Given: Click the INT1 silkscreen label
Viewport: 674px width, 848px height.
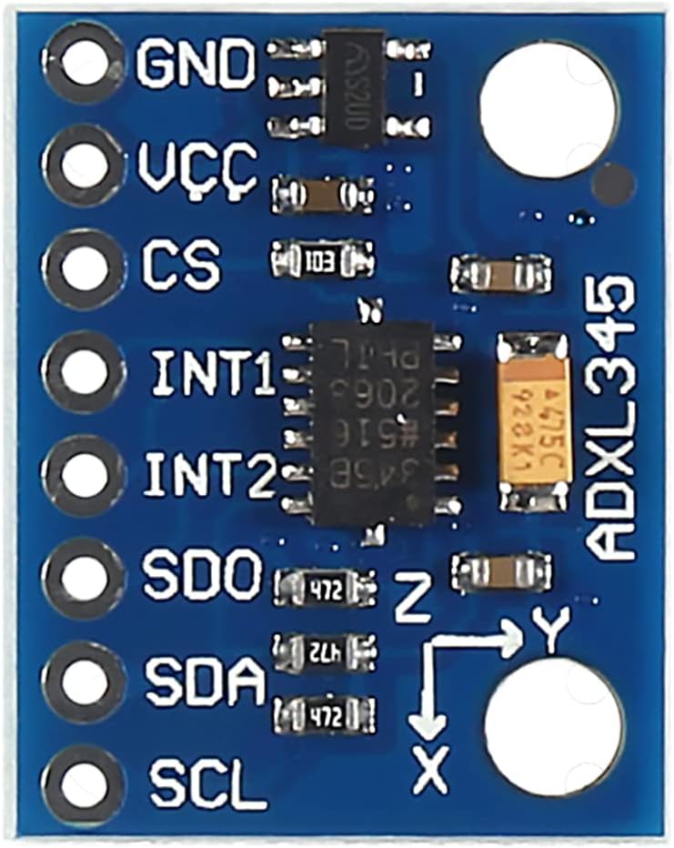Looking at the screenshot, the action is (214, 373).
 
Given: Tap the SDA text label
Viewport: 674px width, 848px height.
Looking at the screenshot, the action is (205, 679).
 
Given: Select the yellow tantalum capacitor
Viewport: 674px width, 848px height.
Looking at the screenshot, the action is (534, 421).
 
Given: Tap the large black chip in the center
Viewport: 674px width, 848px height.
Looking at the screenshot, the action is (373, 423).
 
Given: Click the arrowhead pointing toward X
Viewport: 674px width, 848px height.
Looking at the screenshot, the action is (428, 722).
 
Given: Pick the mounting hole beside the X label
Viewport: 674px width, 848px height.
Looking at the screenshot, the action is (555, 723).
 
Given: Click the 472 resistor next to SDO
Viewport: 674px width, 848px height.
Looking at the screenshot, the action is (325, 588).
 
